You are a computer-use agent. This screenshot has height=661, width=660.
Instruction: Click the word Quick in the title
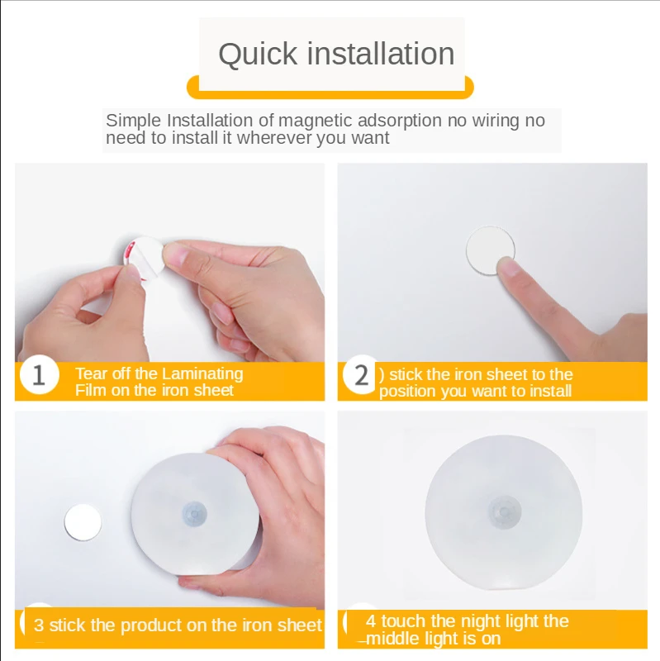coord(258,55)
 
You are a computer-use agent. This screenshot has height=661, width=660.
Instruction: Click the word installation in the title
coord(381,54)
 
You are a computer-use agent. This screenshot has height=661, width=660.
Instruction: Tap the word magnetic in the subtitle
coord(316,121)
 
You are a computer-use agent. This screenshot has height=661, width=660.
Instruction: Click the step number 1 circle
coord(39,375)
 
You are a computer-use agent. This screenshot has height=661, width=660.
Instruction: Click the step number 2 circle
coord(361,375)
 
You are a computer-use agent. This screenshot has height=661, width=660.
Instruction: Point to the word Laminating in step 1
coord(202,374)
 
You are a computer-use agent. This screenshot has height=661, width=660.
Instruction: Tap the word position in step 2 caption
coord(407,392)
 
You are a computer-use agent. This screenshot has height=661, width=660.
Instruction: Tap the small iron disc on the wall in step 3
coord(83,522)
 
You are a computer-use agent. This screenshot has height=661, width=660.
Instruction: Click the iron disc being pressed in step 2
coord(490,250)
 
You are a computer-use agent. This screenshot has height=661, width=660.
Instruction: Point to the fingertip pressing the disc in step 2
coord(509,267)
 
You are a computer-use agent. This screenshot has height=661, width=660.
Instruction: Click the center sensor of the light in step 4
coord(505,511)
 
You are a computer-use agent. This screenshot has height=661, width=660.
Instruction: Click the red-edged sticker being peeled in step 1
coord(142,257)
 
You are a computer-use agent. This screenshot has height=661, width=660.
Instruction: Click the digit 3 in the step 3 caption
coord(39,625)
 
